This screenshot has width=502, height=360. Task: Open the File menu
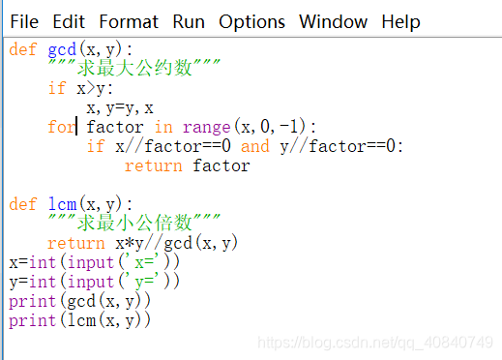point(24,21)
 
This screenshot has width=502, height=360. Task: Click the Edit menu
point(69,21)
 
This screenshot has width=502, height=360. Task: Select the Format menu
point(129,21)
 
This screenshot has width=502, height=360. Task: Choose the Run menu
point(189,21)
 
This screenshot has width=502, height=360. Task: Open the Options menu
point(251,21)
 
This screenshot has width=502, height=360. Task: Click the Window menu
point(333,21)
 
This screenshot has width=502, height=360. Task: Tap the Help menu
point(400,21)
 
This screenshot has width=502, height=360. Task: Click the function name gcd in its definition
point(62,50)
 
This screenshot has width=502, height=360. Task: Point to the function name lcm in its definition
point(62,204)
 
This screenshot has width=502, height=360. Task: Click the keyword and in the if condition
point(254,146)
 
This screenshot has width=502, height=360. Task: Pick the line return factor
point(187,165)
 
